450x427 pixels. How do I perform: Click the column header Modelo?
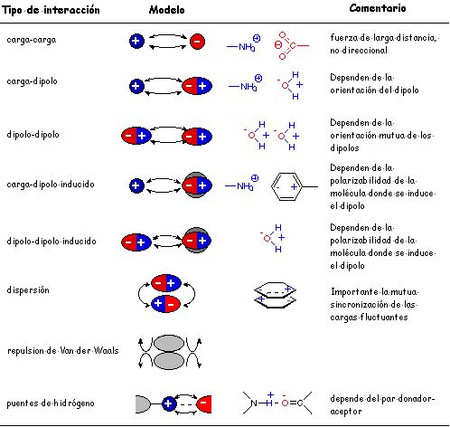point(166,10)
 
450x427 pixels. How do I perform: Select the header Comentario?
point(378,8)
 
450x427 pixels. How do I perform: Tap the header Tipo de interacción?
point(51,10)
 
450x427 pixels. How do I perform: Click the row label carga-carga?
point(32,40)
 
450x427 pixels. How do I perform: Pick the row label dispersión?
point(28,290)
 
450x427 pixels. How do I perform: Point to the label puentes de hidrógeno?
point(51,403)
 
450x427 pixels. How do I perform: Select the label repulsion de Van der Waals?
point(63,350)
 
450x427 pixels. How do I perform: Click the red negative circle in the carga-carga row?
point(197,42)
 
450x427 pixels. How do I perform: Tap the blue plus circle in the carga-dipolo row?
point(136,86)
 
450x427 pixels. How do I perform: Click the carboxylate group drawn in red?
point(291,45)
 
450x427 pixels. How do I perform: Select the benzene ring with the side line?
point(294,186)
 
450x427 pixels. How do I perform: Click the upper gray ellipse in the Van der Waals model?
point(169,343)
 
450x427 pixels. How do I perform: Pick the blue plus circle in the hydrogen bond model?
point(169,403)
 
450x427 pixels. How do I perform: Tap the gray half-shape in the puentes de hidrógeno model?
point(143,404)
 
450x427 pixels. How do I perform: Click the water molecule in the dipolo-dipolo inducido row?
point(273,238)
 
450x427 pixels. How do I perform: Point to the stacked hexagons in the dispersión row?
point(276,295)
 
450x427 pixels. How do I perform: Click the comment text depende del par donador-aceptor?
point(382,404)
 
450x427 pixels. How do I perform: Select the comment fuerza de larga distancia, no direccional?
point(385,44)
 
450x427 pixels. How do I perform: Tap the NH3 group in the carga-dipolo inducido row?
point(242,184)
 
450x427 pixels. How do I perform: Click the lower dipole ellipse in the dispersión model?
point(165,304)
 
